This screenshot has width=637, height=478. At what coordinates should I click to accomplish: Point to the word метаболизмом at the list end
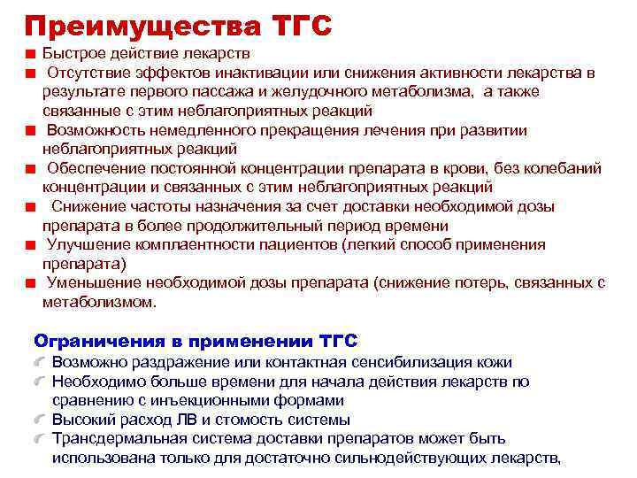(98, 302)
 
